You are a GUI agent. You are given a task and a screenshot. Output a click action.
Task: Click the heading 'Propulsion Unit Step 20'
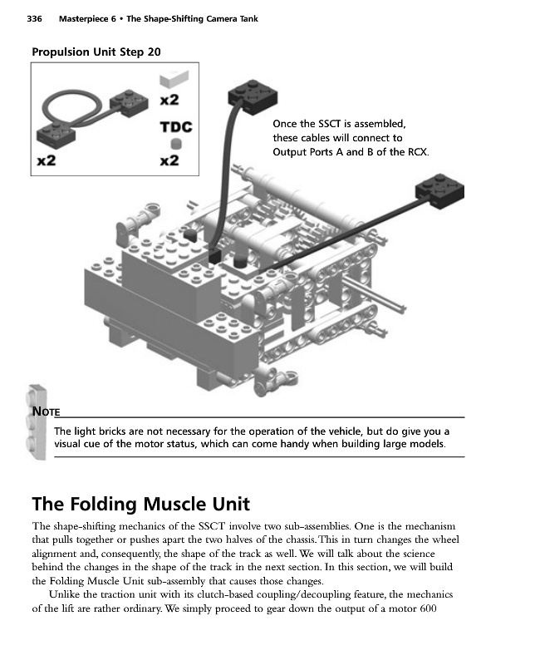(x=96, y=52)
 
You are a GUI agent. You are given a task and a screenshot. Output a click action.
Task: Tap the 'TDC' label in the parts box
(x=175, y=127)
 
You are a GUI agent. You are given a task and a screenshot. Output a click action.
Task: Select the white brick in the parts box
(x=174, y=80)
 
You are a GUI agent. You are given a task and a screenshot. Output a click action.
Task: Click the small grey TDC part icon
(x=175, y=143)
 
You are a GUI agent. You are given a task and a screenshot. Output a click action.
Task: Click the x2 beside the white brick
(x=169, y=100)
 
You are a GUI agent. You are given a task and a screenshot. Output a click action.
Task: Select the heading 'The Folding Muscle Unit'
(x=140, y=504)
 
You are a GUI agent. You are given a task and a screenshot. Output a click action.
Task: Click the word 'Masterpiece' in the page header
(x=85, y=18)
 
